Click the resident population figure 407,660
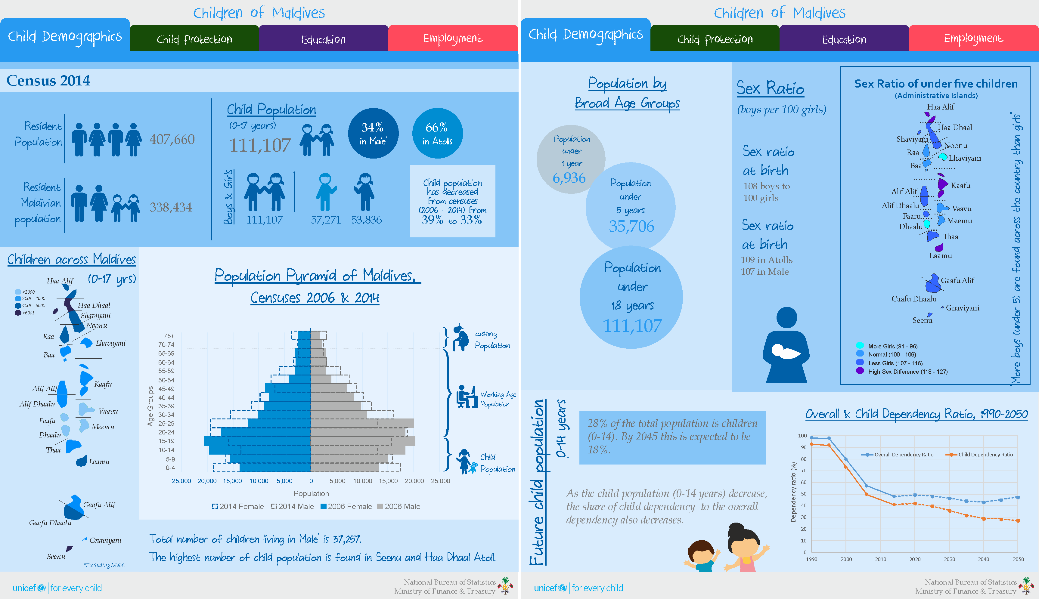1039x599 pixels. [172, 140]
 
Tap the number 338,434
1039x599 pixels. [171, 207]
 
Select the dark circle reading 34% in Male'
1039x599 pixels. [373, 133]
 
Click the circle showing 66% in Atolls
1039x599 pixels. [437, 133]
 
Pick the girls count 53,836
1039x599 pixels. [366, 220]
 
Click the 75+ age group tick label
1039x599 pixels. [169, 336]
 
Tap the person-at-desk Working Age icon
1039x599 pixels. [466, 396]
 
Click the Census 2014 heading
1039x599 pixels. [48, 81]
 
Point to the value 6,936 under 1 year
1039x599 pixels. [569, 178]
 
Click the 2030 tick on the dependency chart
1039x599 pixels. [949, 559]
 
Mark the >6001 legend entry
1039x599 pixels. [25, 313]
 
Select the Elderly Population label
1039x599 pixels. [492, 339]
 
